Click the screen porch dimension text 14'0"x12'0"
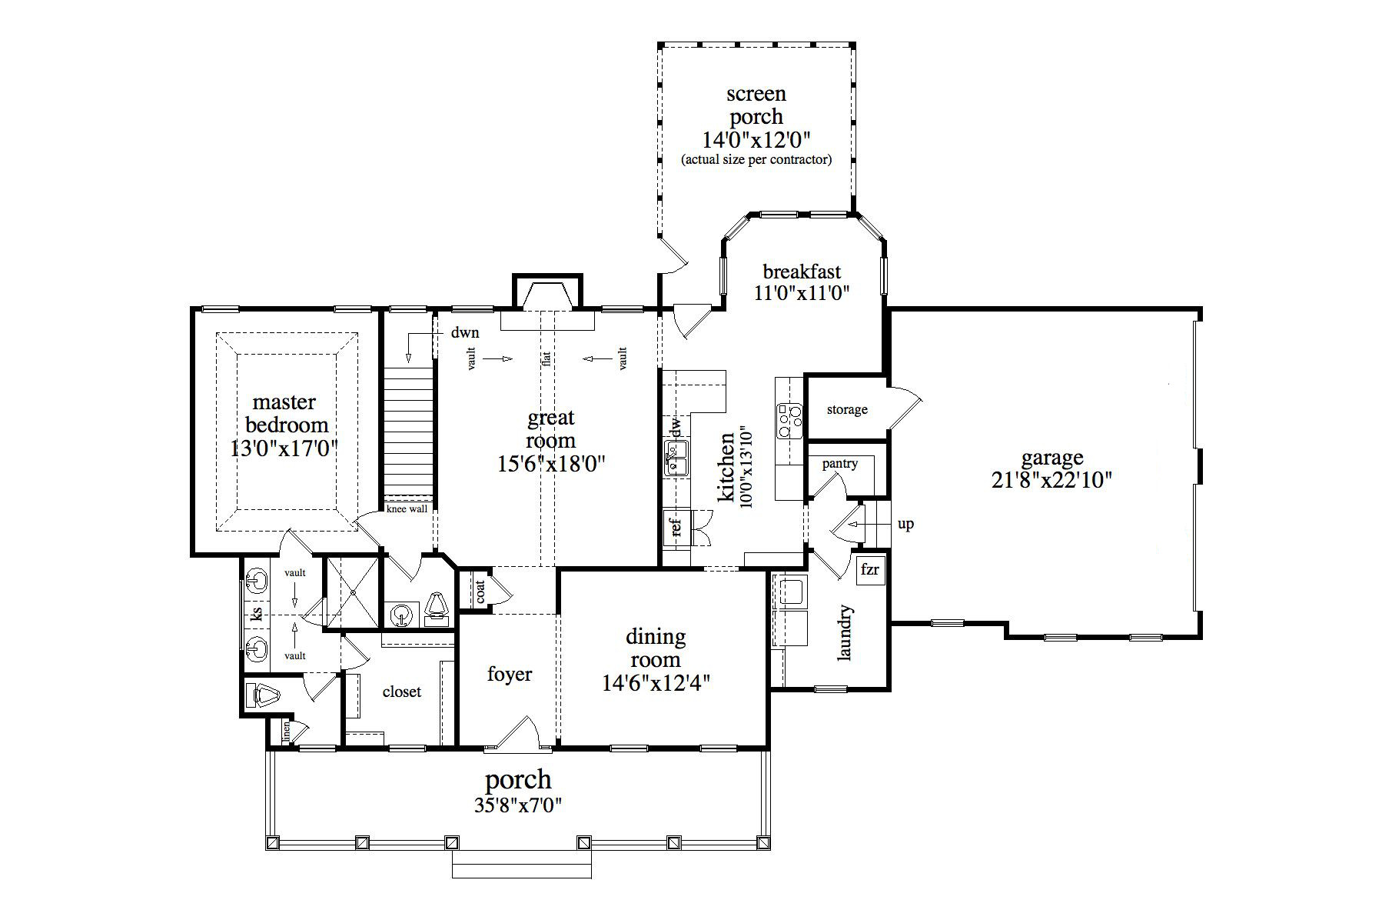coord(756,140)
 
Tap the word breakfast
coord(801,272)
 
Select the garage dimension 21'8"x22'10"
coord(1051,480)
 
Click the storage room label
coord(846,410)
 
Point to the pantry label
coord(839,464)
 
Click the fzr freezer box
coord(870,571)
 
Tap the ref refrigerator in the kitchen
coord(677,528)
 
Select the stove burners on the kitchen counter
coord(789,421)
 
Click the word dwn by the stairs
coord(464,333)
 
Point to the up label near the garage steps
coord(905,525)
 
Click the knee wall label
coord(407,509)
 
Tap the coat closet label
coord(480,591)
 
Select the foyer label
coord(509,675)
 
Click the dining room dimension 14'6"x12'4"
coord(655,683)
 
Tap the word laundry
coord(845,632)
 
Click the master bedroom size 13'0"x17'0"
coord(284,448)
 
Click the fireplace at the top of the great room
coord(547,296)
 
